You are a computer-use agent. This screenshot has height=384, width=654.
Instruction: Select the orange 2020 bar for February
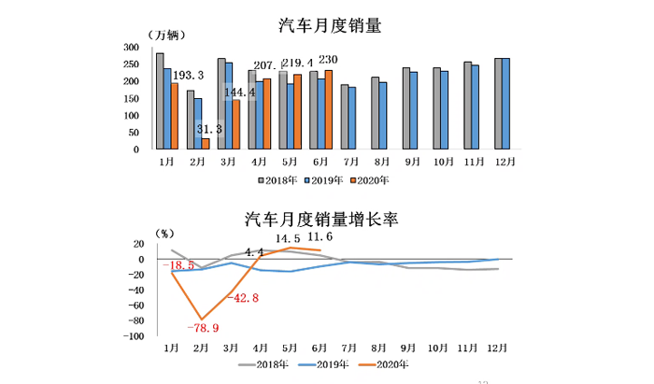(206, 143)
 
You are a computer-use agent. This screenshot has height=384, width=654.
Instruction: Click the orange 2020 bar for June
(328, 109)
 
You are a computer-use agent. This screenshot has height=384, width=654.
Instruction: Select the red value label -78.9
(204, 328)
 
